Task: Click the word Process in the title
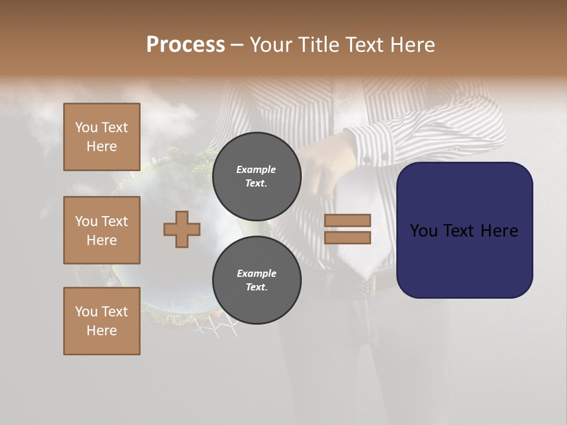point(185,45)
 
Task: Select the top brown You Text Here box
point(102,137)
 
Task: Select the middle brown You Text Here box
point(102,230)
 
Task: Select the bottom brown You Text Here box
point(102,321)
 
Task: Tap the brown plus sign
point(182,229)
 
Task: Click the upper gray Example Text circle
point(256,176)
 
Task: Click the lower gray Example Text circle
point(256,280)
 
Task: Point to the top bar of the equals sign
point(348,220)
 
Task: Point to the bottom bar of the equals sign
point(348,237)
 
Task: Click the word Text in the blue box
point(464,231)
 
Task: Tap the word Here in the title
point(412,45)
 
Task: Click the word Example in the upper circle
point(256,169)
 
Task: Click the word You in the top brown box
point(86,127)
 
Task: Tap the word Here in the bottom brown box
point(102,331)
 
